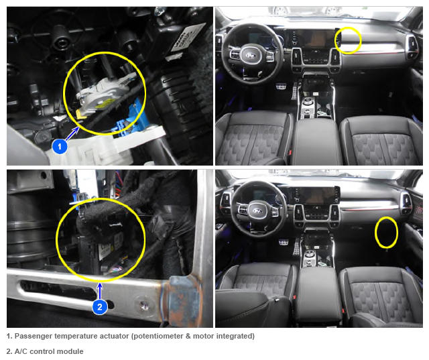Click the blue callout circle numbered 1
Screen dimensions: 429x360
pyautogui.click(x=60, y=146)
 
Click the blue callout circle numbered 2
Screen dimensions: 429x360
pyautogui.click(x=100, y=306)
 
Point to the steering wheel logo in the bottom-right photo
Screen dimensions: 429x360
pyautogui.click(x=258, y=211)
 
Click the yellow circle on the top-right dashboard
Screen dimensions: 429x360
pyautogui.click(x=348, y=40)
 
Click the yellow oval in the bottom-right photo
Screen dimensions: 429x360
pyautogui.click(x=386, y=232)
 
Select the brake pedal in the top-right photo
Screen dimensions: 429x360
pyautogui.click(x=281, y=87)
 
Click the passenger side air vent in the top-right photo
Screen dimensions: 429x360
pyautogui.click(x=411, y=46)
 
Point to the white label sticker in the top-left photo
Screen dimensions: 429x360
pyautogui.click(x=188, y=39)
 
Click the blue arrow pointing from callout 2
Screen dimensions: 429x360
pyautogui.click(x=100, y=292)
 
